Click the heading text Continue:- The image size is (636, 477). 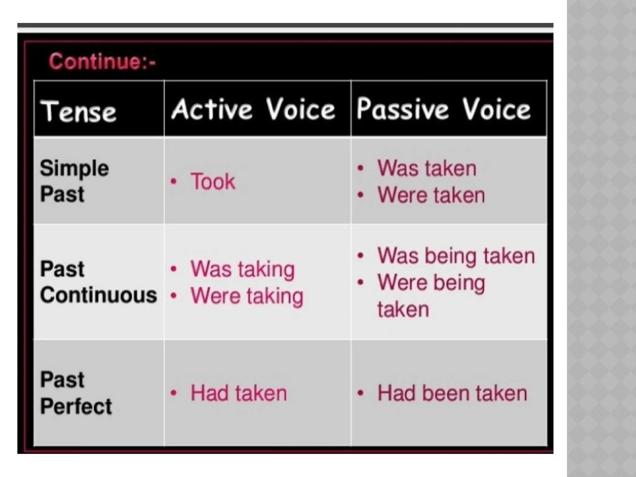102,61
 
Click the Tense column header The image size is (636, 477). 79,111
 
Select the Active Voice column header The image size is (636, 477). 253,109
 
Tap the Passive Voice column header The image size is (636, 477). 443,109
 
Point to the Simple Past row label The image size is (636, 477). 74,181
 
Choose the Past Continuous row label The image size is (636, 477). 98,282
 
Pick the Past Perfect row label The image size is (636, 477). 76,393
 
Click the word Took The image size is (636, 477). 213,181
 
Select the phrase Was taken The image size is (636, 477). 427,169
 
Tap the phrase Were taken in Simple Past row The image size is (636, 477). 431,195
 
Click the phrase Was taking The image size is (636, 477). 243,269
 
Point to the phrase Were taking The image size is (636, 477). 247,296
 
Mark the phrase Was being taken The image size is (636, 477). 456,256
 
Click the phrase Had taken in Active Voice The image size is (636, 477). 238,393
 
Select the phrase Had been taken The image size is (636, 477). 452,393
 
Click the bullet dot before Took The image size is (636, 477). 174,182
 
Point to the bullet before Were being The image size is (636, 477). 361,283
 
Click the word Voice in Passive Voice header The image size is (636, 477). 496,109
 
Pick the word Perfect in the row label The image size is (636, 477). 76,406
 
